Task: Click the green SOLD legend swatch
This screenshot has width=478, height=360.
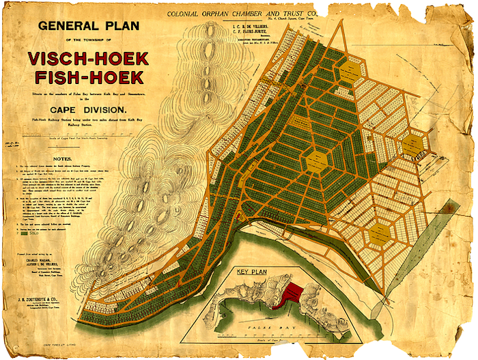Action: (x=26, y=233)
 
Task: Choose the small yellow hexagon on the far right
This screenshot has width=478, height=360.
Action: (x=412, y=145)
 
